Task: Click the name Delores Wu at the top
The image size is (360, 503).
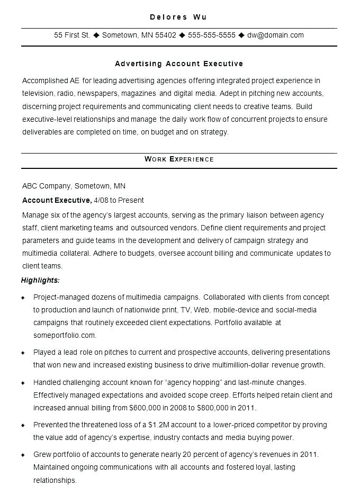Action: click(178, 17)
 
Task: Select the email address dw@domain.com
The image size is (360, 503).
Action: click(275, 35)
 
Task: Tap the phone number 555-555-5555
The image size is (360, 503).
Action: click(211, 35)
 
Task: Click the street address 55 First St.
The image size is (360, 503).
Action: click(72, 35)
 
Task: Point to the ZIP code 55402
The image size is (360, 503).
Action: click(166, 35)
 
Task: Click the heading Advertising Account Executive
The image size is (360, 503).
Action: click(179, 64)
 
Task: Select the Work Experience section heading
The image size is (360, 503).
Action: click(179, 159)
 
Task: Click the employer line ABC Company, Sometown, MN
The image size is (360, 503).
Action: click(74, 186)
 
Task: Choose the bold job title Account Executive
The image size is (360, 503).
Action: click(57, 200)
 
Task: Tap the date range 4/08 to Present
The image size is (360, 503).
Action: click(119, 200)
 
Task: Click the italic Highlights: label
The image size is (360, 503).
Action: click(40, 280)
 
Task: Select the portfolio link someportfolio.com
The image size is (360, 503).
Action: click(65, 335)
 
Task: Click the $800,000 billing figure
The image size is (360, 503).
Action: click(213, 408)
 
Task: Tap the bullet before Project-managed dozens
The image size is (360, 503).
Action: click(23, 298)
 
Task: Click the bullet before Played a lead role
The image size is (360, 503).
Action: click(23, 353)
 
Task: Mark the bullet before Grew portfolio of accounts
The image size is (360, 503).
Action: click(23, 455)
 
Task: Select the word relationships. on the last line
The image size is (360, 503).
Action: click(55, 480)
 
